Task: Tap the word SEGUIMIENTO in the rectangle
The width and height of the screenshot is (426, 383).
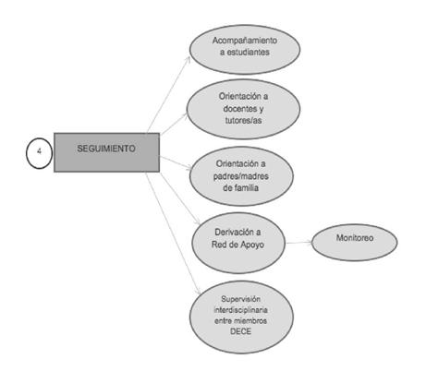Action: pos(106,149)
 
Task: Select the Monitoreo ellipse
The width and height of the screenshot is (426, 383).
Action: pos(355,243)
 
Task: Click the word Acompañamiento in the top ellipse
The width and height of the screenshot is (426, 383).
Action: pos(245,41)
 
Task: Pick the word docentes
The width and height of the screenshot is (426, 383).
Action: pos(239,108)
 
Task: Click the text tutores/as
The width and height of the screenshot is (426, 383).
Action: pos(243,120)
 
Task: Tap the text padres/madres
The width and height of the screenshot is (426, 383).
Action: pos(241,176)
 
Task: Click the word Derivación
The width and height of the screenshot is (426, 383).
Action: pos(234,232)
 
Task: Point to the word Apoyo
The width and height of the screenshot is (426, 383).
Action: pos(252,245)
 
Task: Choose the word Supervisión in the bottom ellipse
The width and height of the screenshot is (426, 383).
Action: pos(241,299)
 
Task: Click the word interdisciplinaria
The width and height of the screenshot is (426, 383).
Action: pos(241,310)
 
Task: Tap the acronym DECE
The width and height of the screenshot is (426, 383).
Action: pos(241,331)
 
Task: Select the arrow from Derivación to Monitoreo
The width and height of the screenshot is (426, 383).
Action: pos(299,243)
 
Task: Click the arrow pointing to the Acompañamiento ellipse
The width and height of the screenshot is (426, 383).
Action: pos(169,94)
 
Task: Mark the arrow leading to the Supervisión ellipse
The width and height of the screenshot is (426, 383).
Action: pos(173,233)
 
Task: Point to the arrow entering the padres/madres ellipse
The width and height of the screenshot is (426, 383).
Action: pos(176,162)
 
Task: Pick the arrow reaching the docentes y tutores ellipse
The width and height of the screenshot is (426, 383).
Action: pos(174,124)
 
